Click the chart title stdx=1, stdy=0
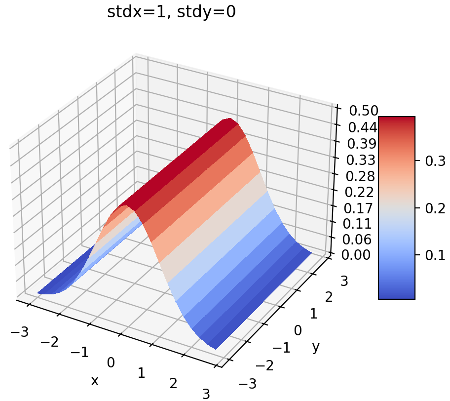click(x=171, y=12)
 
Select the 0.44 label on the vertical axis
click(x=362, y=128)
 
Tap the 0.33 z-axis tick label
click(x=362, y=160)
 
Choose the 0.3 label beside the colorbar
click(x=435, y=161)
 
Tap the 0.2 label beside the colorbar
click(x=435, y=208)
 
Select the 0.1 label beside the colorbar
click(x=435, y=255)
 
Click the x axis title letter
click(x=94, y=381)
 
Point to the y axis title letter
click(x=316, y=347)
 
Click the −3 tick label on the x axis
click(x=19, y=332)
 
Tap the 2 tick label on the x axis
click(x=173, y=384)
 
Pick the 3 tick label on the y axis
click(x=344, y=281)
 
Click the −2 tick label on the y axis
click(x=264, y=365)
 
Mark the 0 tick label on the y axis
click(x=298, y=330)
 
